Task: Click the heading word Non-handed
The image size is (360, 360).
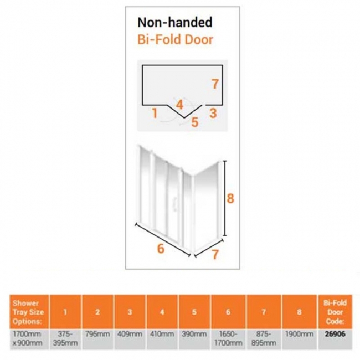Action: click(x=174, y=23)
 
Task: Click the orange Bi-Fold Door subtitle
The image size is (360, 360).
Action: click(x=175, y=39)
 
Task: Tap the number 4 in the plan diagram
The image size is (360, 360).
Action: click(x=180, y=105)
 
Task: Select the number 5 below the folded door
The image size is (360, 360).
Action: click(x=195, y=122)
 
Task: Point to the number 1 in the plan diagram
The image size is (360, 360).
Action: click(x=155, y=113)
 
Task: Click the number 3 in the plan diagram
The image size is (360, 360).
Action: click(x=213, y=113)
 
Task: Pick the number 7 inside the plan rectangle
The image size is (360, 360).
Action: click(x=215, y=84)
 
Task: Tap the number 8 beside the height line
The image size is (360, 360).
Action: click(x=230, y=198)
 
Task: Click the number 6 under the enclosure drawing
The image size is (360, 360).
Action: click(x=161, y=249)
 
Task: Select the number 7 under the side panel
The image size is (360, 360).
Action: click(x=215, y=255)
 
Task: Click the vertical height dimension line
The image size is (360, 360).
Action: click(x=225, y=198)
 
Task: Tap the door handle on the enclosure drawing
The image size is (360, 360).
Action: click(x=176, y=203)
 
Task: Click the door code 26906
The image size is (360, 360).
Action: click(x=335, y=334)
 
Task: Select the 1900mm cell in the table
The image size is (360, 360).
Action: click(x=299, y=334)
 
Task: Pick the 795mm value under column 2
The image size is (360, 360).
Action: click(x=97, y=334)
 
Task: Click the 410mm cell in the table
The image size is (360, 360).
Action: click(x=162, y=334)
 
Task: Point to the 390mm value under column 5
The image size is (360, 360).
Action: click(x=194, y=334)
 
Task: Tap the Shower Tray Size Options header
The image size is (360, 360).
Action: click(x=28, y=312)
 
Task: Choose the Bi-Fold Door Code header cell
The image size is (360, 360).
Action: click(x=335, y=312)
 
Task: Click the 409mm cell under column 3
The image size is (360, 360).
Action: click(x=130, y=334)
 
